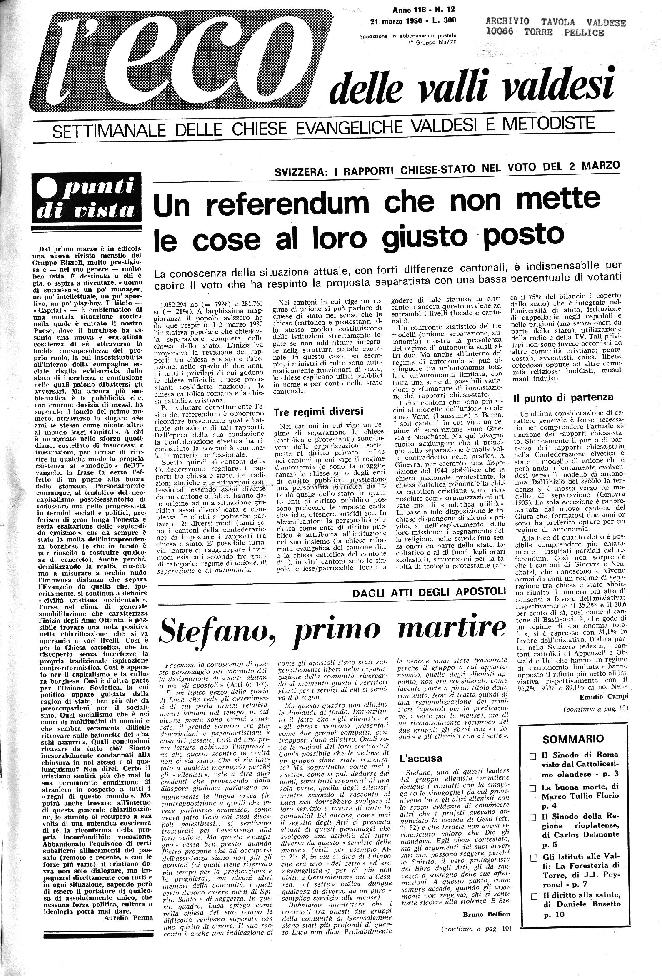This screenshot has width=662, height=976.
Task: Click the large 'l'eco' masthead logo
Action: pyautogui.click(x=168, y=63)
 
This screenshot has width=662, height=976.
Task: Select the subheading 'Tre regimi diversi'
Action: pyautogui.click(x=318, y=412)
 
